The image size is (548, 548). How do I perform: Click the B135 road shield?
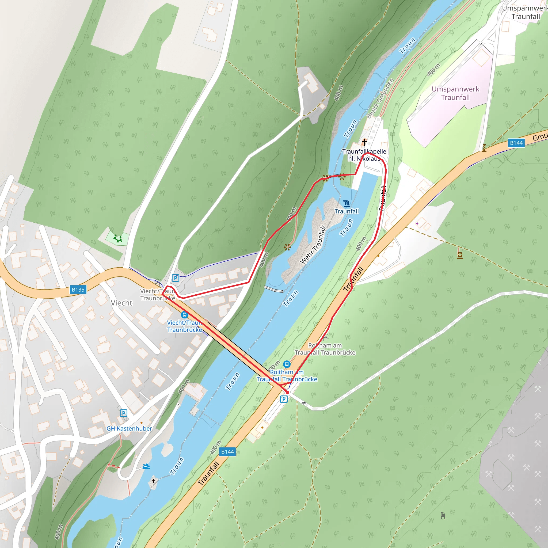pyautogui.click(x=78, y=290)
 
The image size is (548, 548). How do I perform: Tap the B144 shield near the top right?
pyautogui.click(x=516, y=143)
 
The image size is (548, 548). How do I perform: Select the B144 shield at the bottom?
pyautogui.click(x=227, y=452)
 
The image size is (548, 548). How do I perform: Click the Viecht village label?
pyautogui.click(x=121, y=303)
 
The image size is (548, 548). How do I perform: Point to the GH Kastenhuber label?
pyautogui.click(x=129, y=429)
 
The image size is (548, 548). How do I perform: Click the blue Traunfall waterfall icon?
pyautogui.click(x=347, y=204)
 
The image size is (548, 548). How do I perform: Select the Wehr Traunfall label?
pyautogui.click(x=313, y=245)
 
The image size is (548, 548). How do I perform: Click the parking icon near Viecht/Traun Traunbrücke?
pyautogui.click(x=176, y=278)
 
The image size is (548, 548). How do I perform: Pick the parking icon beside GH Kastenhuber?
pyautogui.click(x=123, y=413)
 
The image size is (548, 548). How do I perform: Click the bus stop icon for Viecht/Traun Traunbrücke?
pyautogui.click(x=184, y=315)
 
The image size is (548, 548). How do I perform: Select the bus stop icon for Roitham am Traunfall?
pyautogui.click(x=287, y=364)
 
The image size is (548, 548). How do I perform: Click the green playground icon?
pyautogui.click(x=118, y=238)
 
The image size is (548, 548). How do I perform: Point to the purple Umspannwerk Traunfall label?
pyautogui.click(x=455, y=93)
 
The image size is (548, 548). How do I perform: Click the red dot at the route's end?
pyautogui.click(x=287, y=392)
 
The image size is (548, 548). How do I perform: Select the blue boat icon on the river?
pyautogui.click(x=146, y=466)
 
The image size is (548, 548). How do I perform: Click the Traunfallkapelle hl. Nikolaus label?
pyautogui.click(x=364, y=155)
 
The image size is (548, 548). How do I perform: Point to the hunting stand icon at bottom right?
pyautogui.click(x=443, y=516)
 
